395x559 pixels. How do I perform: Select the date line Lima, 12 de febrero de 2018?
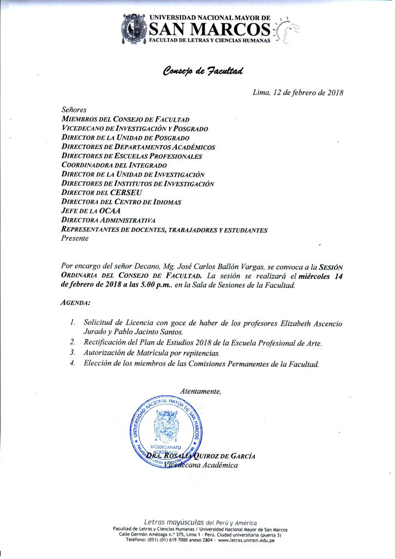click(298, 93)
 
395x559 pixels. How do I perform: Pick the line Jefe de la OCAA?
click(91, 211)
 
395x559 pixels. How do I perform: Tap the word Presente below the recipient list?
click(75, 239)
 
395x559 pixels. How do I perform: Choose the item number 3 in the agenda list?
click(73, 353)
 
